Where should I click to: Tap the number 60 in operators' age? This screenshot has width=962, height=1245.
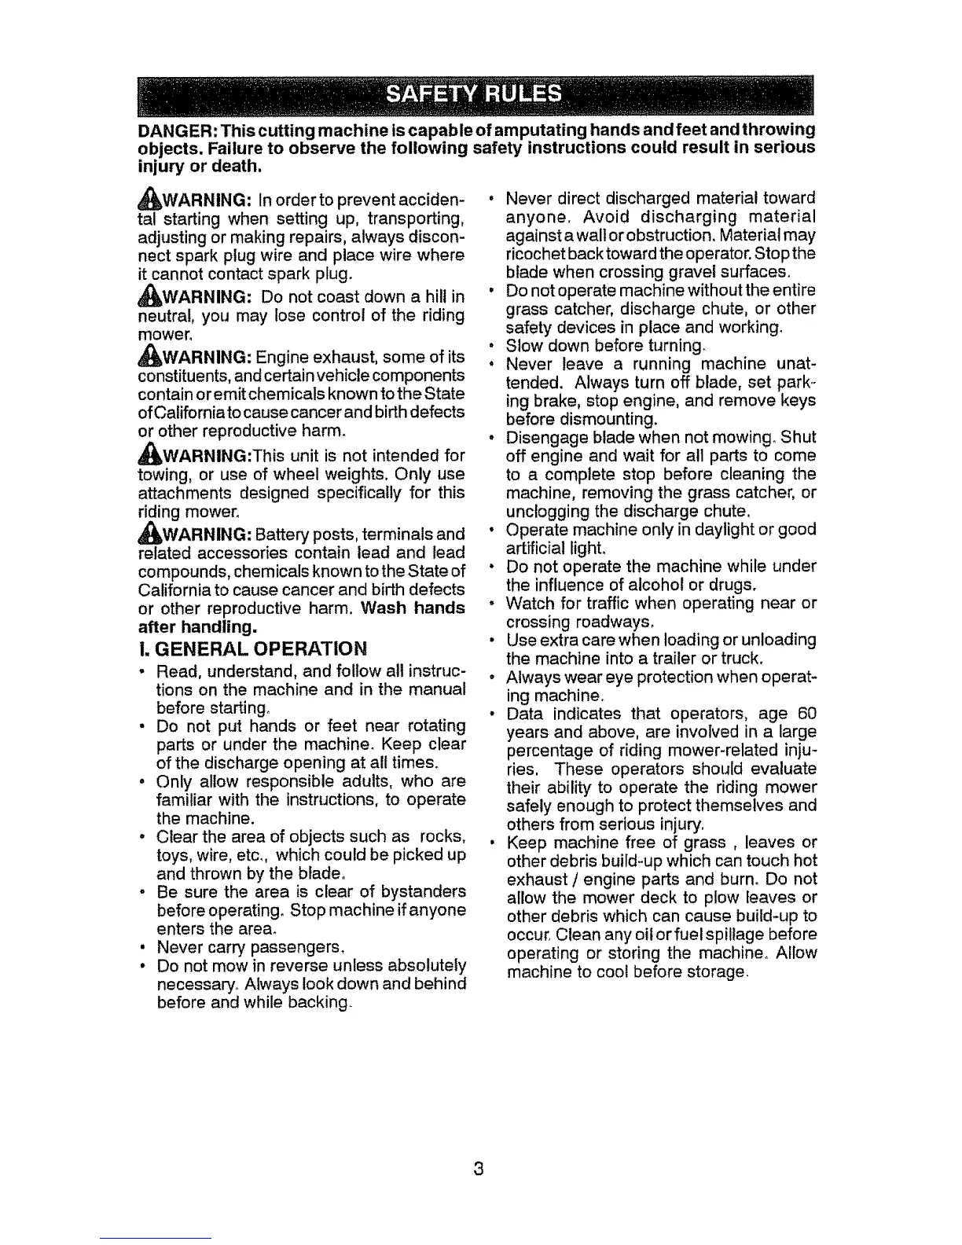point(806,714)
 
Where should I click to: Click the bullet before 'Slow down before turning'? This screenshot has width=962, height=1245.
point(491,346)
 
